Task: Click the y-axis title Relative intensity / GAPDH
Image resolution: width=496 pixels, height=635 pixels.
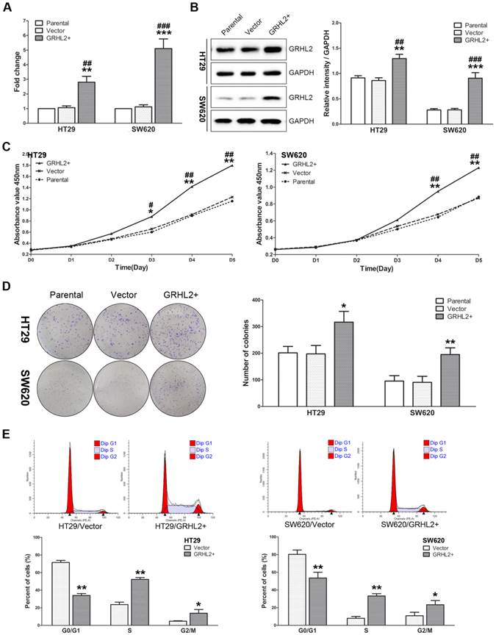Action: point(317,71)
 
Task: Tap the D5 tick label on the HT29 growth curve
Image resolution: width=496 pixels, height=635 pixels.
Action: point(233,260)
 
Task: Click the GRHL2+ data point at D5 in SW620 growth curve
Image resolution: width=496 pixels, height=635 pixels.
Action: point(479,168)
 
